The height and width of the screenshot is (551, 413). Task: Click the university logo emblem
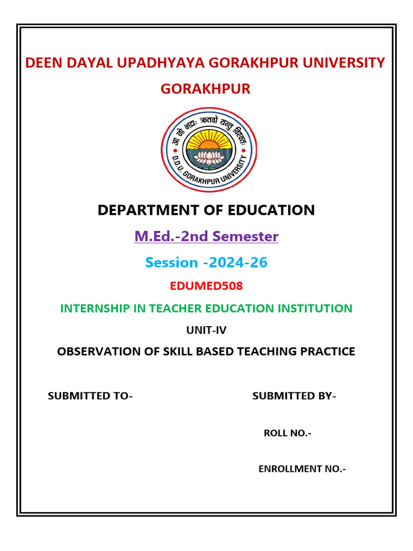coord(209,150)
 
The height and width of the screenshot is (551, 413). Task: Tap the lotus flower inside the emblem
coord(209,157)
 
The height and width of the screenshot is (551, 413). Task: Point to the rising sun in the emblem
coord(209,144)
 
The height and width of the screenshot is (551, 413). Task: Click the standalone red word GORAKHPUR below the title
coord(205,89)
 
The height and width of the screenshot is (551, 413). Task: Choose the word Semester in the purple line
coord(246,236)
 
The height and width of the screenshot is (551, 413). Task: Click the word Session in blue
coord(172,263)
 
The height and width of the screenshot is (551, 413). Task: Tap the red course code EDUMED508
coord(206,286)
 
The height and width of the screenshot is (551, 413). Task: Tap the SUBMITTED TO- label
coord(90,397)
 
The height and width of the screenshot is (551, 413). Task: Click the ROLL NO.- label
coord(287,433)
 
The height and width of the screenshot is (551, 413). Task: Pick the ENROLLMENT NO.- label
coord(302,469)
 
